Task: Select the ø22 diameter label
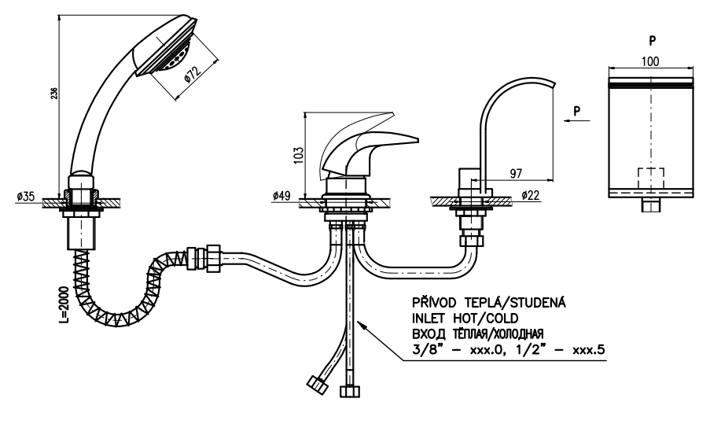click(x=530, y=195)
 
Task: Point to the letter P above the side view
click(x=651, y=39)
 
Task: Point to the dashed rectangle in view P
click(x=649, y=178)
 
